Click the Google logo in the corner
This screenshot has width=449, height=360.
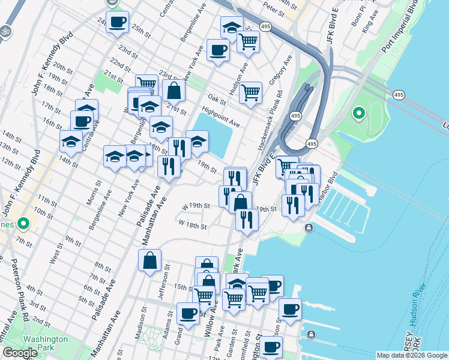[20, 353]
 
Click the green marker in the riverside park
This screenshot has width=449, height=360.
[359, 113]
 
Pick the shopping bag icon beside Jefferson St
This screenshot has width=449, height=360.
[149, 260]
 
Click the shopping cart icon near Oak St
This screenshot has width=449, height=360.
[250, 92]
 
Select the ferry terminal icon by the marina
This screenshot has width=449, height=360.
[309, 227]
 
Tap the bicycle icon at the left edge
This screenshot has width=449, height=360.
[5, 30]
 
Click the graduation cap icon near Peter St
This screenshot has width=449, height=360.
[232, 26]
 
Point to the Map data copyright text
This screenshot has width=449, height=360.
[411, 355]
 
